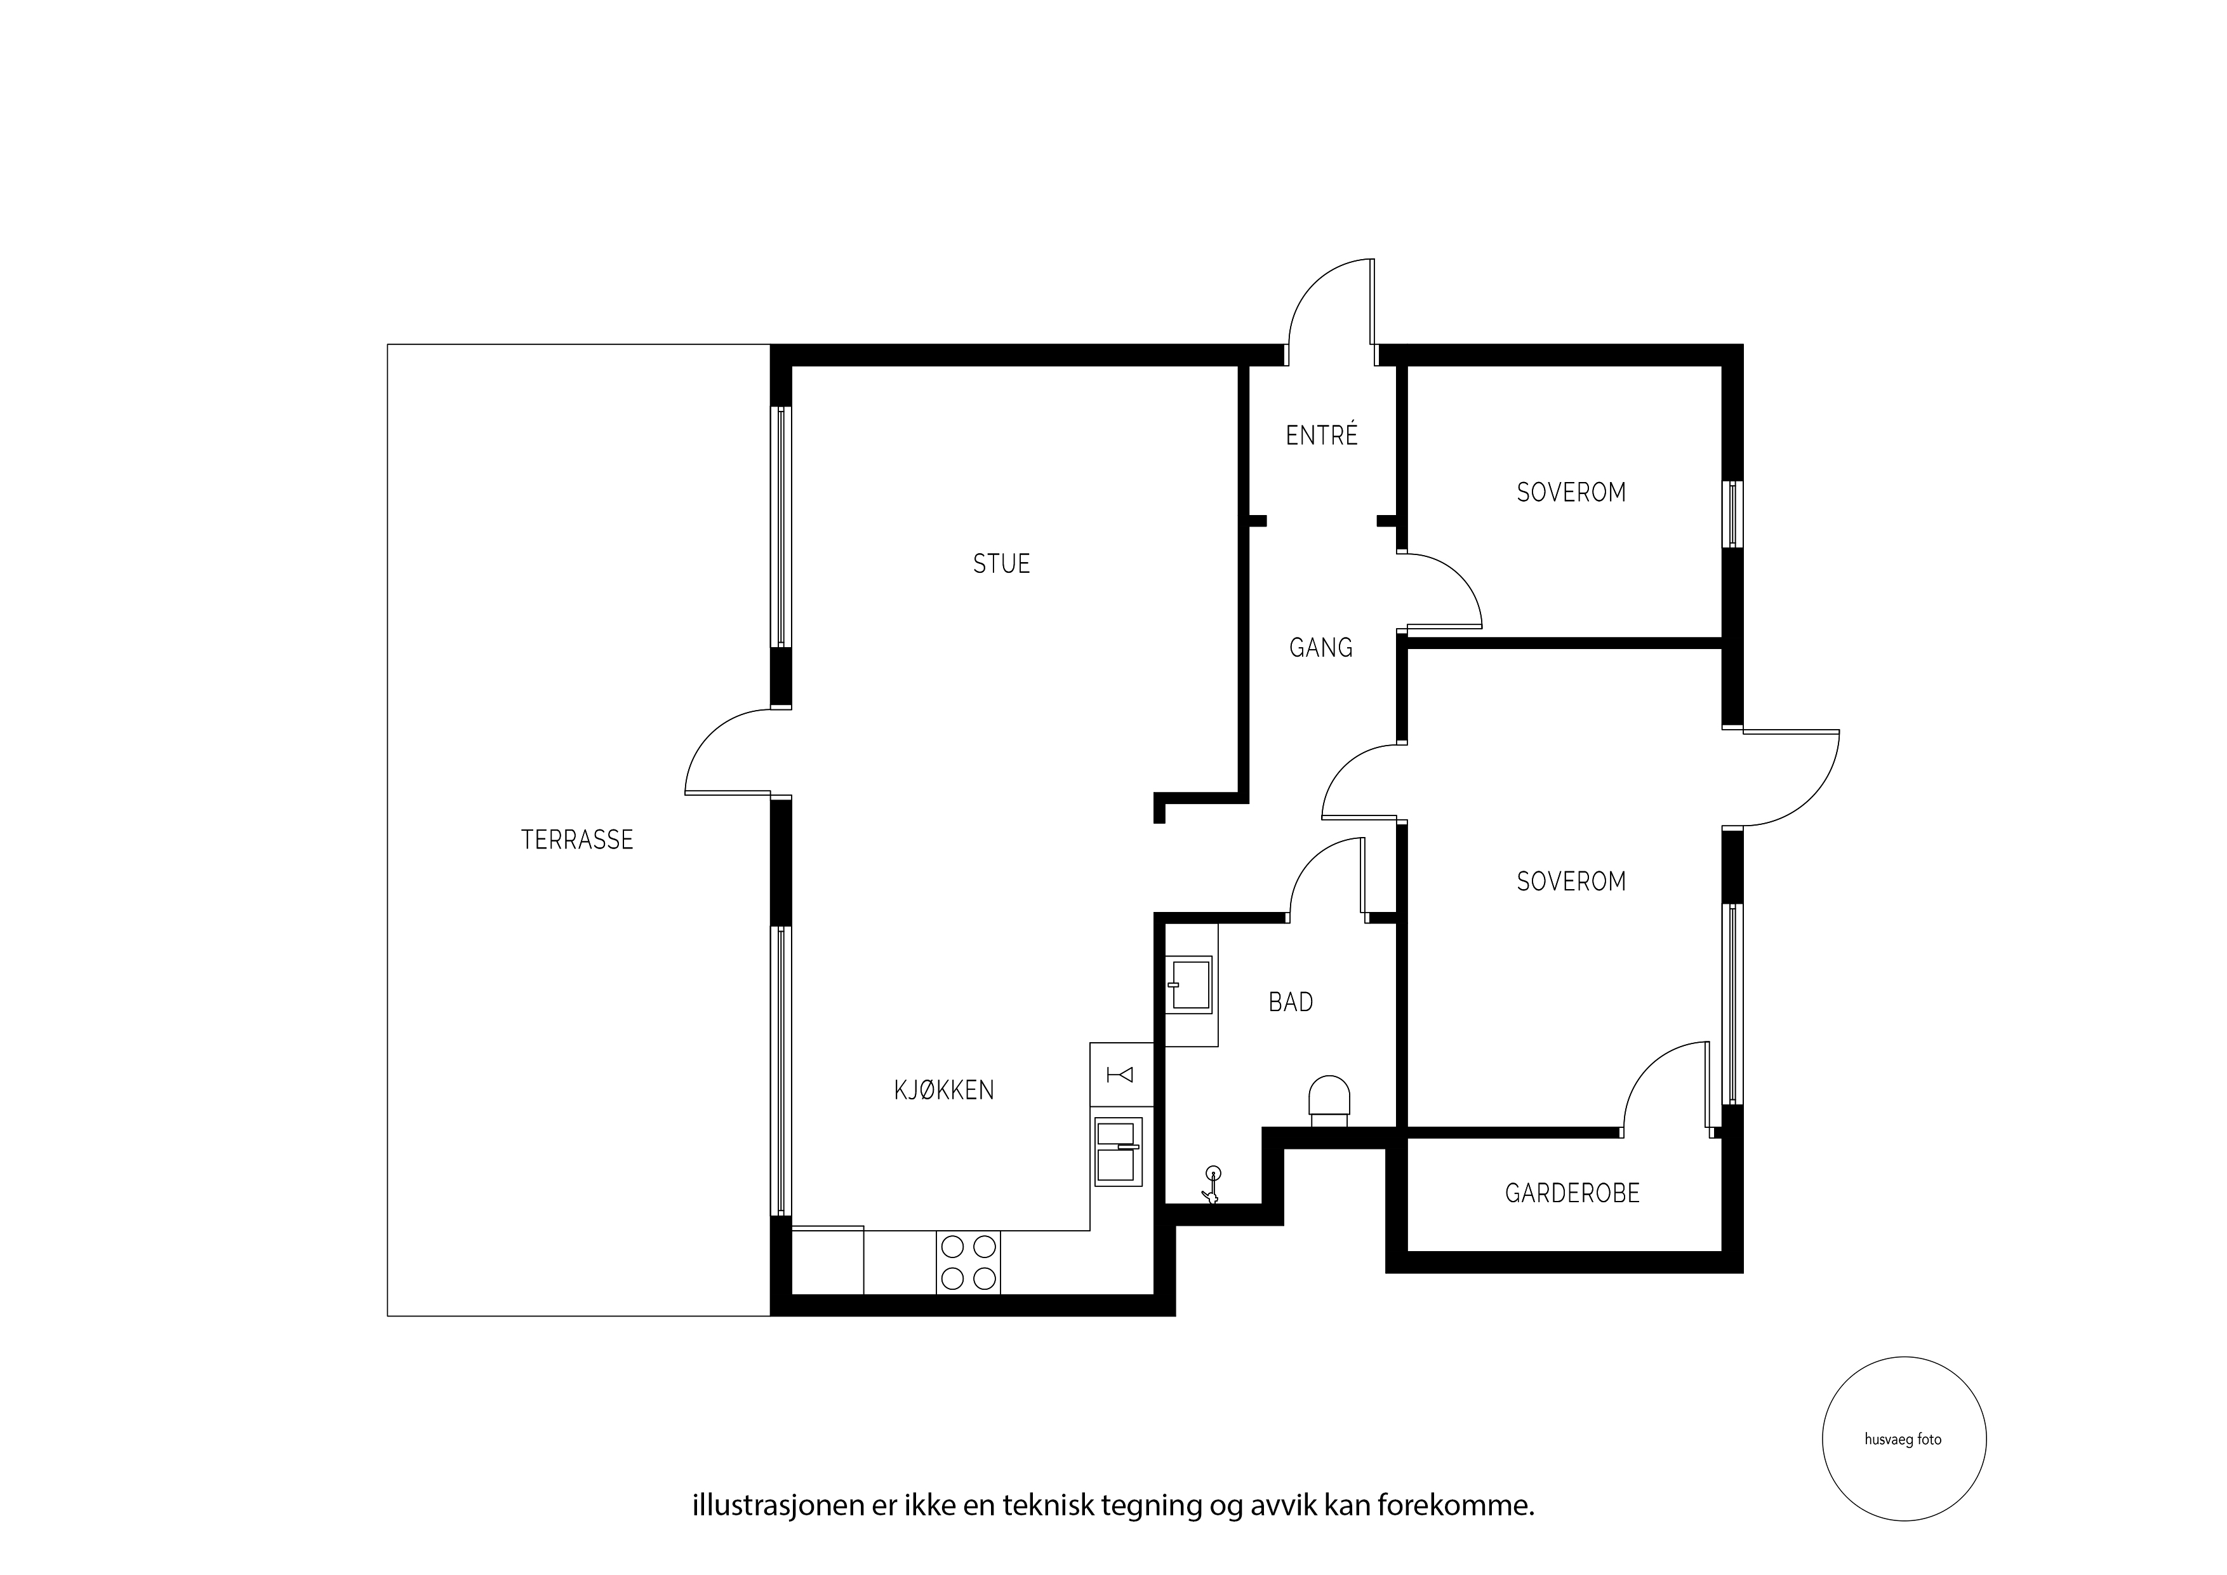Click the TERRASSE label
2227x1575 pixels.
coord(577,840)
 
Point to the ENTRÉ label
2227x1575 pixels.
coord(1321,435)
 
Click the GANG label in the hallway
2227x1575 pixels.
coord(1320,647)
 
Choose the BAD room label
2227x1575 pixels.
coord(1290,1002)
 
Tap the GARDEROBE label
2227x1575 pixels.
coord(1571,1193)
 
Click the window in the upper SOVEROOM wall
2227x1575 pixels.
coord(1732,514)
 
